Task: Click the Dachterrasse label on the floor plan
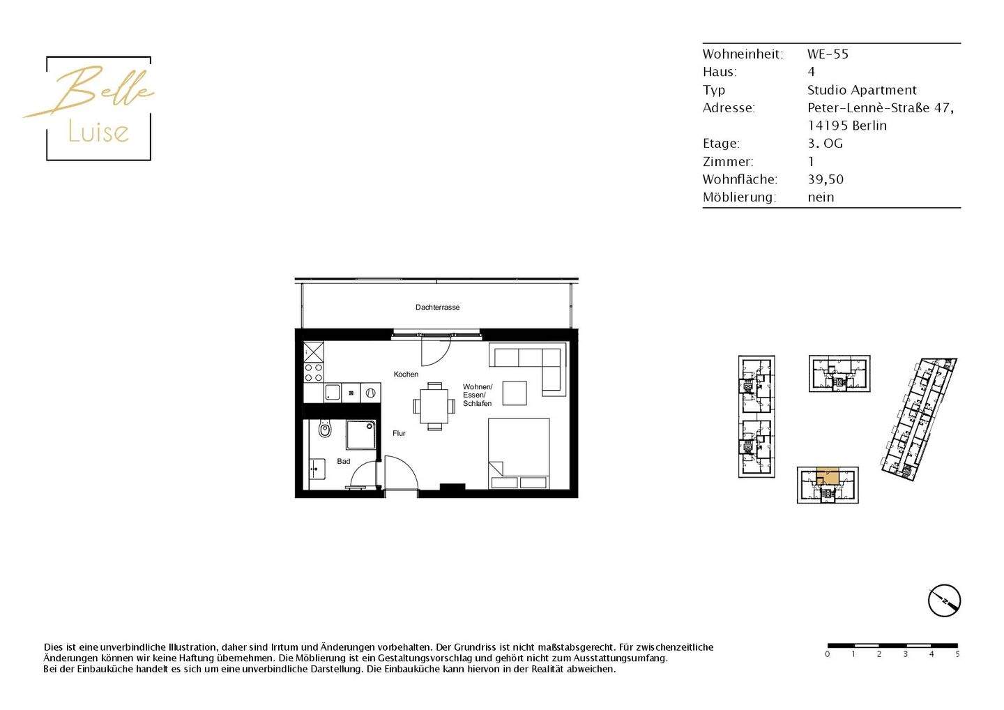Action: tap(437, 307)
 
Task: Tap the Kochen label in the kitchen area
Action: tap(406, 375)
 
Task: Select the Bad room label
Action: tap(343, 461)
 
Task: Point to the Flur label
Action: tap(399, 433)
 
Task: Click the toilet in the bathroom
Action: tap(324, 429)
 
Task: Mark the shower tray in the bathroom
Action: tap(361, 435)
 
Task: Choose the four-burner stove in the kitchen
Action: tap(314, 372)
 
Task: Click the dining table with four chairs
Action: tap(434, 405)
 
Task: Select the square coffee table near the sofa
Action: tap(515, 393)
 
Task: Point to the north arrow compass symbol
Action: tap(944, 601)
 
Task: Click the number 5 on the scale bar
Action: tap(957, 654)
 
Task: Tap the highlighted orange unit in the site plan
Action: tap(828, 476)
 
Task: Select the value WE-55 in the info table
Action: tap(828, 54)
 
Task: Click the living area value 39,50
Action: tap(826, 179)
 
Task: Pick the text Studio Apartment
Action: tap(862, 90)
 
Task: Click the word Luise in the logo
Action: tap(98, 132)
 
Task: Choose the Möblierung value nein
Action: tap(821, 197)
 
